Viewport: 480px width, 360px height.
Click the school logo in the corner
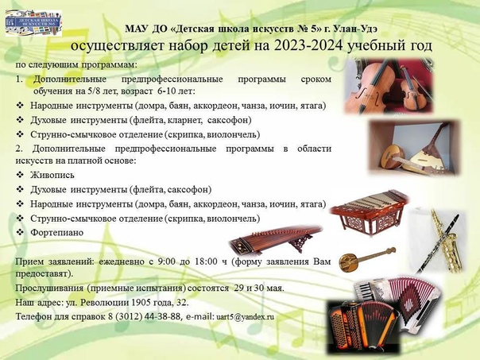(x=33, y=23)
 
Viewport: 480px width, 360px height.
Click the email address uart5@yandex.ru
(x=245, y=317)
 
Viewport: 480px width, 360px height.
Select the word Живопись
(x=52, y=175)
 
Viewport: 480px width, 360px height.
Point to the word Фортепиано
(x=57, y=233)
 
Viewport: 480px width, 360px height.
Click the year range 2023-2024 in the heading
(x=308, y=45)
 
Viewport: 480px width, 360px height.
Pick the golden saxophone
(x=447, y=242)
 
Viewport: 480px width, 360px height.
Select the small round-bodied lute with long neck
(x=366, y=258)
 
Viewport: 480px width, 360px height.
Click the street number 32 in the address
(x=181, y=303)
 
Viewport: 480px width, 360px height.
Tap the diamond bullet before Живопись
(x=20, y=175)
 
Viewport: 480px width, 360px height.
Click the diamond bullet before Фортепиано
(x=20, y=232)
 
